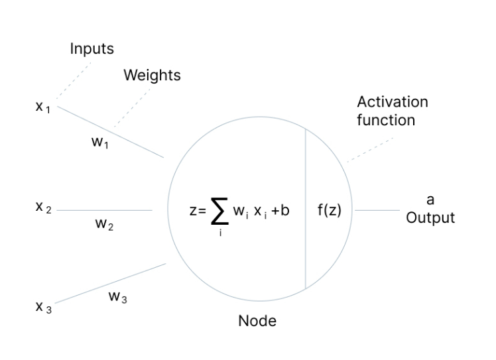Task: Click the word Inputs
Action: [x=92, y=49]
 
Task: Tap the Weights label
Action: [x=152, y=75]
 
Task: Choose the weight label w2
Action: [x=104, y=225]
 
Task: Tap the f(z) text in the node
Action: [x=330, y=211]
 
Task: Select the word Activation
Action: [x=393, y=102]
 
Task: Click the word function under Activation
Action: [x=386, y=121]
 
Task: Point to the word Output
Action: [x=430, y=217]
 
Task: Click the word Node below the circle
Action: [x=257, y=322]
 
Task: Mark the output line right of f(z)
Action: [x=377, y=211]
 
